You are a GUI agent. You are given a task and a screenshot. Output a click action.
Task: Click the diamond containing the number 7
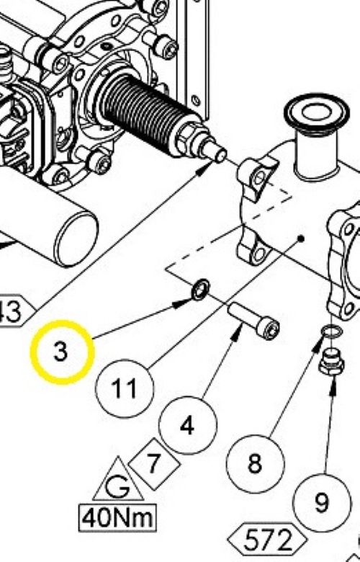click(154, 464)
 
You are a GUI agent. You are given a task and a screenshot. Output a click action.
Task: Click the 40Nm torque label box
click(117, 518)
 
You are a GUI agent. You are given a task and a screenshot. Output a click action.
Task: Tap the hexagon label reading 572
click(268, 540)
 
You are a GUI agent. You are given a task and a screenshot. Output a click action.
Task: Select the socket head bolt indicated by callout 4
click(253, 321)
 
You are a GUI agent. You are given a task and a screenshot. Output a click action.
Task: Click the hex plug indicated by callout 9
click(331, 362)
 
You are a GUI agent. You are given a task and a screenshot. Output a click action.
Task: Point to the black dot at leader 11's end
click(301, 238)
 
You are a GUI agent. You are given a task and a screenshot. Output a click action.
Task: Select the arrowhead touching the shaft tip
click(205, 166)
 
